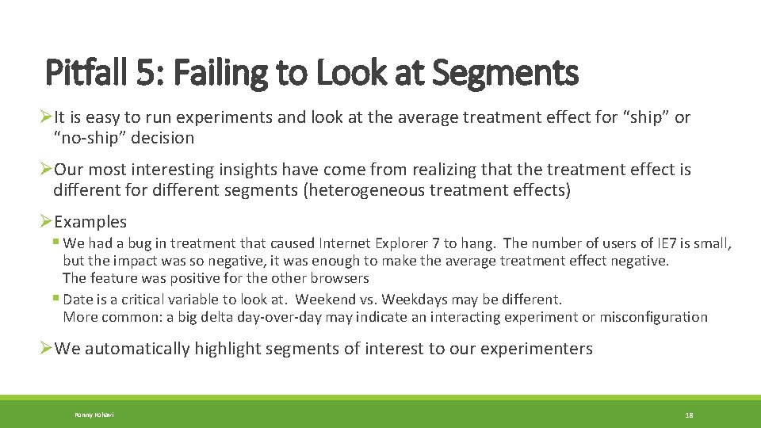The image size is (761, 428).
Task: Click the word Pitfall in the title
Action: [82, 74]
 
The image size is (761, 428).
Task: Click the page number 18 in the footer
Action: [689, 415]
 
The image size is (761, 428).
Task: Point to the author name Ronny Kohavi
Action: [94, 415]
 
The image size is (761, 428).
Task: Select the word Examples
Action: [90, 222]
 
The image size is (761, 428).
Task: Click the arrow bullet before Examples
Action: [46, 222]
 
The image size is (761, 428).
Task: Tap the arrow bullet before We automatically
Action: [46, 349]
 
